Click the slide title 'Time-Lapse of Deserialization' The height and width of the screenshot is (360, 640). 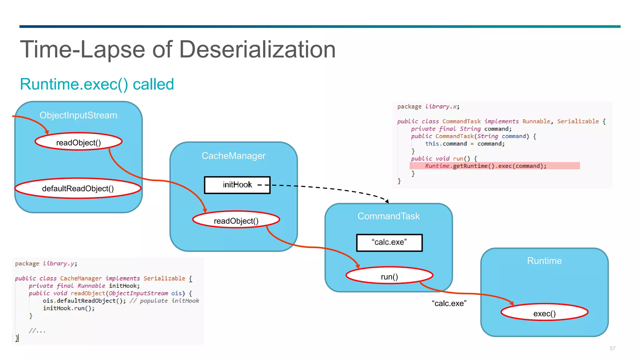[177, 49]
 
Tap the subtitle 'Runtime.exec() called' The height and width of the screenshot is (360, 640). [97, 84]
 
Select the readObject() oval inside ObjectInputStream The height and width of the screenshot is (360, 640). [78, 142]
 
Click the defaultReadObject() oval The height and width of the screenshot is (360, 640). [78, 188]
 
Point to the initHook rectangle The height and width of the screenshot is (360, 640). [237, 185]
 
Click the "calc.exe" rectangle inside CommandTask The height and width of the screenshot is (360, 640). [389, 242]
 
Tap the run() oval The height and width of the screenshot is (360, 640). [389, 276]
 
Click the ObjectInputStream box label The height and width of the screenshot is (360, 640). [78, 115]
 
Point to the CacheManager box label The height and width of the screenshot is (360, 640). [233, 156]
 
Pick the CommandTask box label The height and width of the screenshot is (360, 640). [388, 216]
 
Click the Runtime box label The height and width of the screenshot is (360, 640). [544, 261]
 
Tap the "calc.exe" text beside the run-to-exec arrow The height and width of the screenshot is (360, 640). [449, 303]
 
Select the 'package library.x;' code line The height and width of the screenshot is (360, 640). [428, 107]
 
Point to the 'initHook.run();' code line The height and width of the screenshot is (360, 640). [69, 308]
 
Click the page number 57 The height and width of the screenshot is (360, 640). [612, 348]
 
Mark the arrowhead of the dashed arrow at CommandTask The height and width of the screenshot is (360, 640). [387, 202]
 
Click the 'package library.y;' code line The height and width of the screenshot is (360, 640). [46, 263]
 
